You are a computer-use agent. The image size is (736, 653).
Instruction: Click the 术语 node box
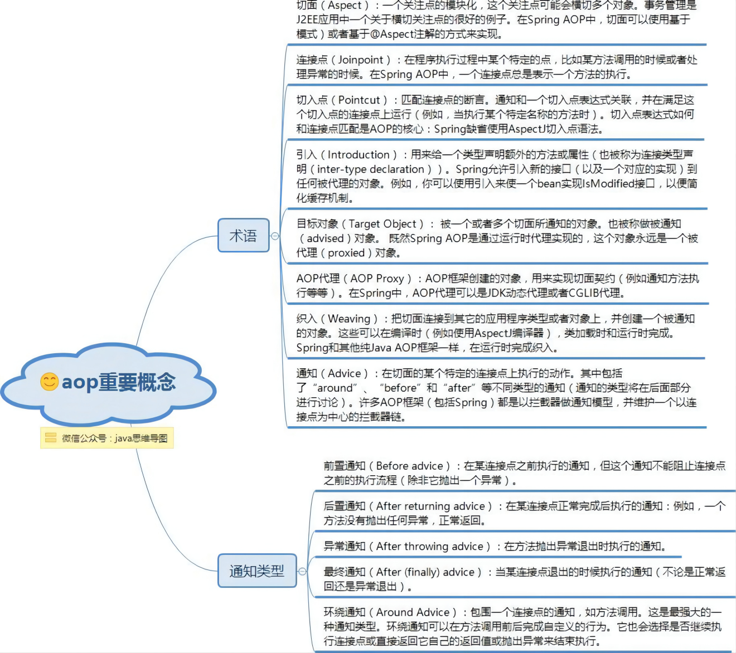(244, 236)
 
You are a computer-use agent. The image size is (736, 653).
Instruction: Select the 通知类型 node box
(256, 571)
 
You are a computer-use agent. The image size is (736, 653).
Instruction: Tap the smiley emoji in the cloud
(50, 381)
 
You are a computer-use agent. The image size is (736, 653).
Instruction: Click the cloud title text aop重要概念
(119, 382)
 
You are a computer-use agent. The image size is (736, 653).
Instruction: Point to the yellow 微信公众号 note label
(107, 438)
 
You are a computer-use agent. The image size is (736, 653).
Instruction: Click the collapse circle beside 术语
(275, 236)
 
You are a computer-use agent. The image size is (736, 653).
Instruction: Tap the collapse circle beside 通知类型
(302, 571)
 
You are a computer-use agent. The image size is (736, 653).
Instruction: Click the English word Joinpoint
(361, 60)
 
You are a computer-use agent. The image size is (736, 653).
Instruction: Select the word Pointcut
(359, 100)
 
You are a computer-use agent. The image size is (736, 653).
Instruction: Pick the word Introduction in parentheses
(359, 154)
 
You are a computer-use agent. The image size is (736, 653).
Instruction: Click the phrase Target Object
(382, 223)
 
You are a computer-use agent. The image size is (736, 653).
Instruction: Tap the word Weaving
(349, 318)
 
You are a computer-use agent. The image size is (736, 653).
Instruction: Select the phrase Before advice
(410, 465)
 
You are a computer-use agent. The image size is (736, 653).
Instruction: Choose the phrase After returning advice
(430, 506)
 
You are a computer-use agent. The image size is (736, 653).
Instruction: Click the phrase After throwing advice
(429, 546)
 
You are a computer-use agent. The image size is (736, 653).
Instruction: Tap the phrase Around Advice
(413, 612)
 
